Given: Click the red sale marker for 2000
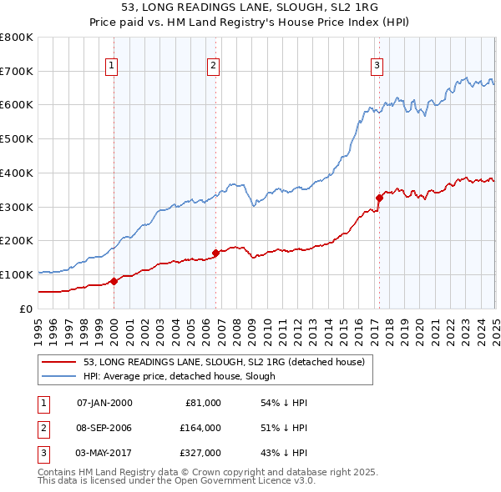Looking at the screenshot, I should click(114, 280).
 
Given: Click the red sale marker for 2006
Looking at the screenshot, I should click(215, 253).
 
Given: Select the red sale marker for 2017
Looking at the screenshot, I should click(378, 198).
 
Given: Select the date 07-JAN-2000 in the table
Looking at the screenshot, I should click(104, 403).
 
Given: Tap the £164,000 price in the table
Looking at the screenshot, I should click(200, 428).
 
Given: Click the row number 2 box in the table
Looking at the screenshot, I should click(43, 428).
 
